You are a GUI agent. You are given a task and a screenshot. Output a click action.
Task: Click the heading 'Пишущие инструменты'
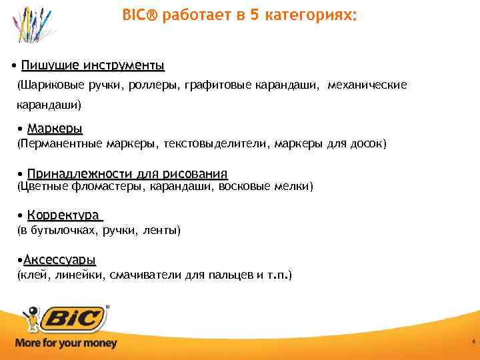[x=93, y=65]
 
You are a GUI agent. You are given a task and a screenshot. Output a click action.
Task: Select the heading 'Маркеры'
[x=55, y=128]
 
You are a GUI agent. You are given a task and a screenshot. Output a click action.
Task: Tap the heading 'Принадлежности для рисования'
[x=127, y=173]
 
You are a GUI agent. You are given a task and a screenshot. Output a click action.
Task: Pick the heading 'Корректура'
[x=65, y=215]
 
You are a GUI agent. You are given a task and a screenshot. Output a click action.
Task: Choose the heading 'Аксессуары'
[x=59, y=259]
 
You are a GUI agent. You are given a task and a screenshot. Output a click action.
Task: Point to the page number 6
[x=473, y=341]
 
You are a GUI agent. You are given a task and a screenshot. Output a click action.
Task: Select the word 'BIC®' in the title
[x=137, y=14]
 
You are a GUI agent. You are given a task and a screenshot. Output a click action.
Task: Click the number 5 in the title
[x=255, y=14]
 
